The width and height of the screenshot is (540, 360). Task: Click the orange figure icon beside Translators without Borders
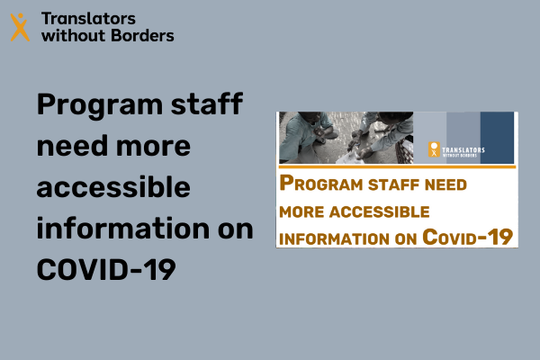tap(20, 27)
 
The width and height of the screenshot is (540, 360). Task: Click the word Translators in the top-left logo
tap(88, 19)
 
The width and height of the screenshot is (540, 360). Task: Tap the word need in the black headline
tap(72, 145)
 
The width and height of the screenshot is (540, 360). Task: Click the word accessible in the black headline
tap(113, 186)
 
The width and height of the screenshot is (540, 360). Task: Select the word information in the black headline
tap(123, 228)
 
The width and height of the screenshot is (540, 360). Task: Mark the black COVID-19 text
tap(106, 269)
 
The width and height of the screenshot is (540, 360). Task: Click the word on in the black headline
tap(236, 229)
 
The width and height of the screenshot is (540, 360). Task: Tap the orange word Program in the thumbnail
tap(321, 183)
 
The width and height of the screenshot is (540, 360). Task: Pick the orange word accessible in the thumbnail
tap(379, 211)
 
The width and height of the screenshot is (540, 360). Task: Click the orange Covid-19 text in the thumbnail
tap(468, 237)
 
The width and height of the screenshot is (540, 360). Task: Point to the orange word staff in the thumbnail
tap(393, 184)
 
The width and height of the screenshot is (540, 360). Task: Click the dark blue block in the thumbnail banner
tap(497, 137)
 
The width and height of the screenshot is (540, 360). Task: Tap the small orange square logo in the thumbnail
tap(434, 149)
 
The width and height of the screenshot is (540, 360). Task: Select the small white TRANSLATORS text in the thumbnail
tap(463, 150)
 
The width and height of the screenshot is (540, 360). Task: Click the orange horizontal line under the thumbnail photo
tap(398, 166)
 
